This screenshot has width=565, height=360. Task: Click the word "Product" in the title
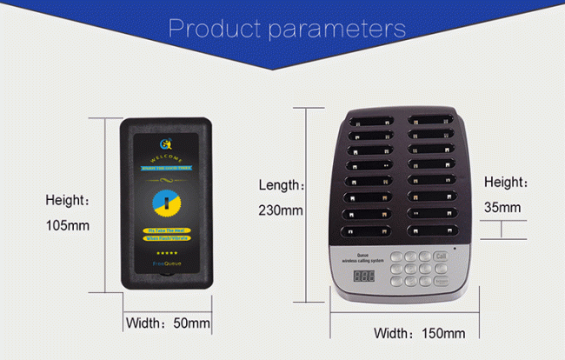click(216, 29)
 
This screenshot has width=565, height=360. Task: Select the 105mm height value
click(68, 225)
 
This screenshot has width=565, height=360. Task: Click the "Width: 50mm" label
click(169, 323)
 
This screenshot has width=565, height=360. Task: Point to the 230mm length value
click(281, 210)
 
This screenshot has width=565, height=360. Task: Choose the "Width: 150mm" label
click(419, 333)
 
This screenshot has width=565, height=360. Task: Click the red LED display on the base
click(364, 277)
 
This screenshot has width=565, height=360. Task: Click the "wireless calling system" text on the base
click(365, 260)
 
